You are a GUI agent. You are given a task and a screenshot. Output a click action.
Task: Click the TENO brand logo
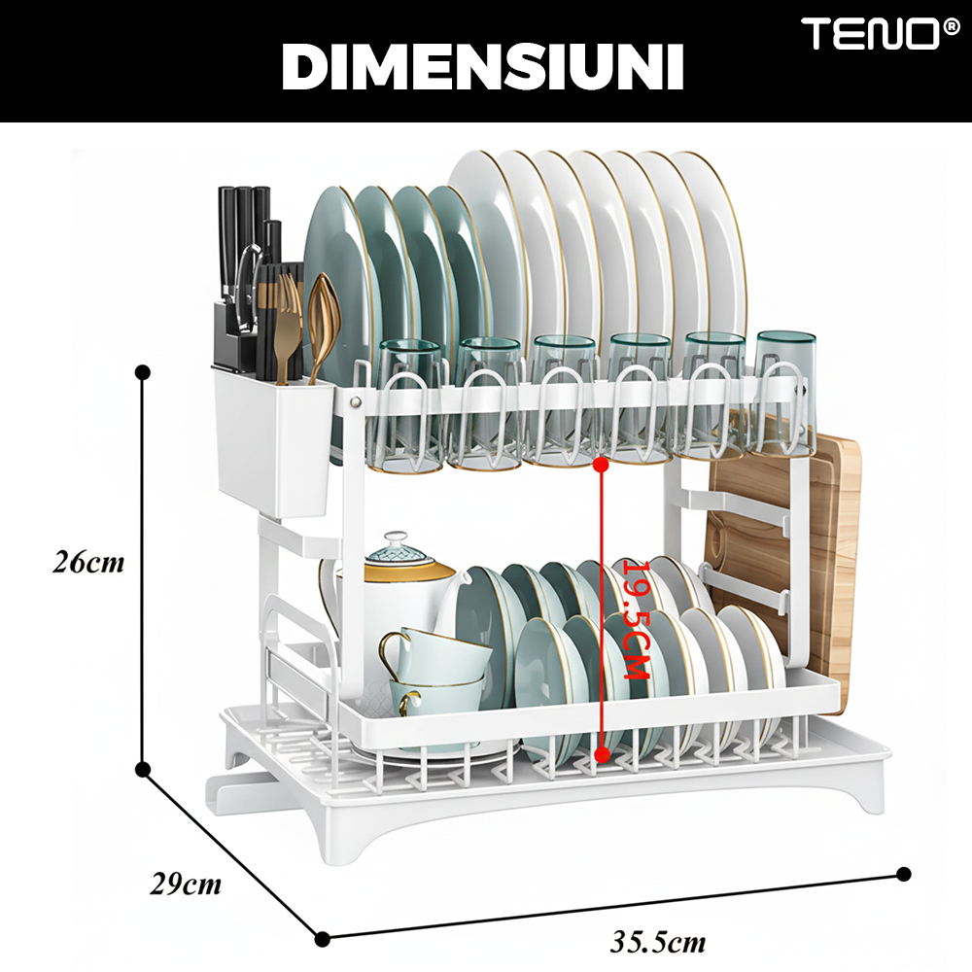[881, 33]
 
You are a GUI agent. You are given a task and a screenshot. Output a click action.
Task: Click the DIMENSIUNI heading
[483, 68]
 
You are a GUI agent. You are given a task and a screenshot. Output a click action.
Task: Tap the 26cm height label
[88, 562]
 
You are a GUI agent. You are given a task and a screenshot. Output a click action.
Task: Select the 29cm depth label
[186, 884]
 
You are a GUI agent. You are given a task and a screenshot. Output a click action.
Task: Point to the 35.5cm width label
[658, 942]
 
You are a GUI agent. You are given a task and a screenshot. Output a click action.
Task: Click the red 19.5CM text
[636, 620]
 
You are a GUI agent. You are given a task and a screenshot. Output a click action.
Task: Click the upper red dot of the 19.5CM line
[600, 465]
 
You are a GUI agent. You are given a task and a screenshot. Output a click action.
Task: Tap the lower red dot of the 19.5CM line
[602, 754]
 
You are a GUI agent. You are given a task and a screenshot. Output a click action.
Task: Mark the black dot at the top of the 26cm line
[143, 372]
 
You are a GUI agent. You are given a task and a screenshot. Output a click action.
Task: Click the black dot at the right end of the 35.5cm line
[904, 874]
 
